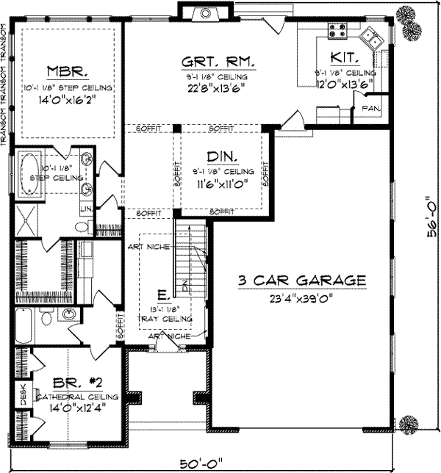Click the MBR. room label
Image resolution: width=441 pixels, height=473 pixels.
pos(68,72)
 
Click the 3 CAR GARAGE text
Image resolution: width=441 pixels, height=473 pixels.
pos(302,280)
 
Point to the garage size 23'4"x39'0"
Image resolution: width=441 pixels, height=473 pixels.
pos(302,298)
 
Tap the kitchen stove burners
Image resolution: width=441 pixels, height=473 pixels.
pos(337,30)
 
